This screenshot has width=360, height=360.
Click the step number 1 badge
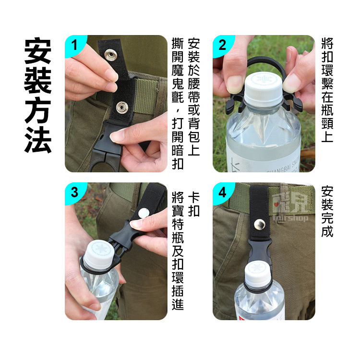pos(74,45)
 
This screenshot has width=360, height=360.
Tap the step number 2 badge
pos(222,45)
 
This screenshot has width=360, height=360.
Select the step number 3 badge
pos(74,192)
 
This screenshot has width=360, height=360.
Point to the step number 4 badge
pos(222,192)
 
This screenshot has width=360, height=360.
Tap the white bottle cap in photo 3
pos(96,254)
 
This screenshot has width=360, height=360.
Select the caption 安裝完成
pos(328,211)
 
